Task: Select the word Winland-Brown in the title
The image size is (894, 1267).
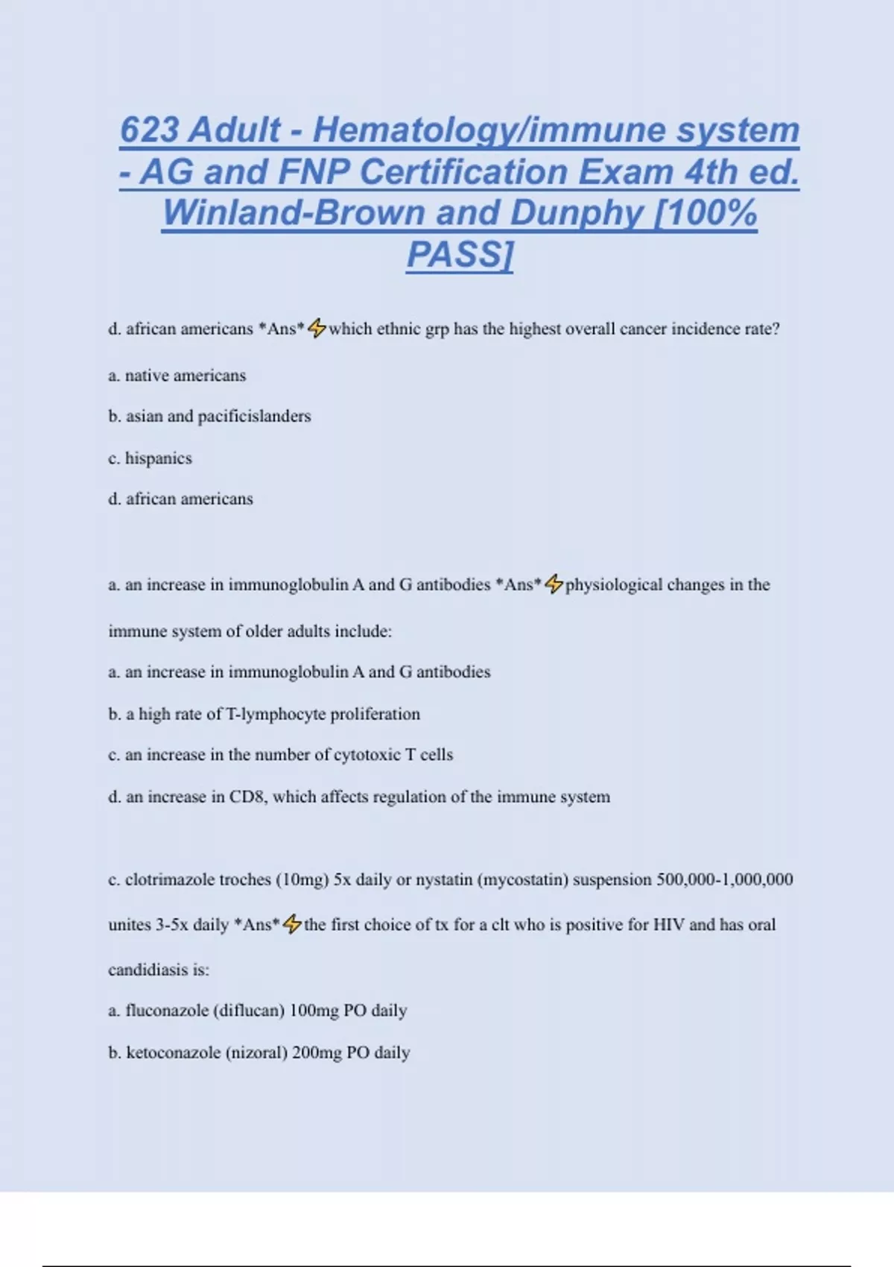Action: [294, 213]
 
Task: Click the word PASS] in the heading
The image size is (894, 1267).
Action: [460, 255]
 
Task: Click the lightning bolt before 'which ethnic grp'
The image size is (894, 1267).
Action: [317, 328]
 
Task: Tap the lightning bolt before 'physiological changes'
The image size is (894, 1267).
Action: [554, 584]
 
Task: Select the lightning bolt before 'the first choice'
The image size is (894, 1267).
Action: [292, 924]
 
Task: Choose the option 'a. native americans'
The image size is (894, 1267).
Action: [177, 376]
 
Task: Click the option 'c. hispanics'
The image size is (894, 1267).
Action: [150, 458]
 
